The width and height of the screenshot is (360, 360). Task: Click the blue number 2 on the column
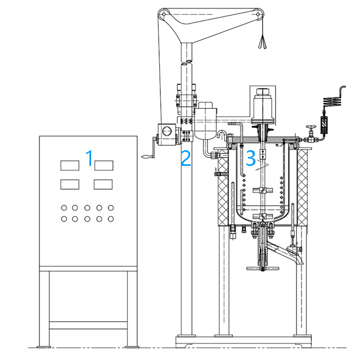pos(186,158)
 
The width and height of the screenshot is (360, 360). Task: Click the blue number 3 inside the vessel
pos(250,158)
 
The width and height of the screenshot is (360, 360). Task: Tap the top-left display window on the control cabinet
pos(70,165)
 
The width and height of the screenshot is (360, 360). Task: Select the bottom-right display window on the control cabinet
pos(103,184)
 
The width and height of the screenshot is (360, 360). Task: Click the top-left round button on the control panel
pos(64,208)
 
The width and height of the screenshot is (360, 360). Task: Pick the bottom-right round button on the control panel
pos(111,219)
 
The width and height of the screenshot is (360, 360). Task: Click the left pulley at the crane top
pos(164,14)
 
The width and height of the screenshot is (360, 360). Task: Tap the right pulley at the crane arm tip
pos(258,14)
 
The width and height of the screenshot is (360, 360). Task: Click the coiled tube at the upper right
pos(332,101)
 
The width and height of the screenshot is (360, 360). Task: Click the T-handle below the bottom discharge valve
pos(263,268)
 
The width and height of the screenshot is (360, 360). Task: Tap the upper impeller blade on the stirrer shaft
pos(263,190)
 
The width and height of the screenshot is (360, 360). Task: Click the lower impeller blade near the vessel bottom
pos(263,216)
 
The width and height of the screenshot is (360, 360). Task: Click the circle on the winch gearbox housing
pos(167,131)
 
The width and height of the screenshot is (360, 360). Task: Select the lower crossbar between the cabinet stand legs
pos(88,325)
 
